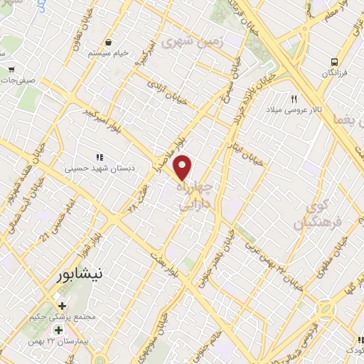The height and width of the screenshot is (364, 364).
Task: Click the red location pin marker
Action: (x=183, y=168)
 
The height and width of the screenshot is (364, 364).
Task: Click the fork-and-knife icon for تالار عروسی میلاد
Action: (x=294, y=99)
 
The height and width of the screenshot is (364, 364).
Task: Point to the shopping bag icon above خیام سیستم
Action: (x=107, y=42)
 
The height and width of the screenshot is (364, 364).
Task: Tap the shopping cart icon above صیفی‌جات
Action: (x=12, y=70)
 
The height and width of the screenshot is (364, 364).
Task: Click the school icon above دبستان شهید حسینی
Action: (x=100, y=156)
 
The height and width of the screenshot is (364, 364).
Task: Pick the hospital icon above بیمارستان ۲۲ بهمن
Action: (x=59, y=331)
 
